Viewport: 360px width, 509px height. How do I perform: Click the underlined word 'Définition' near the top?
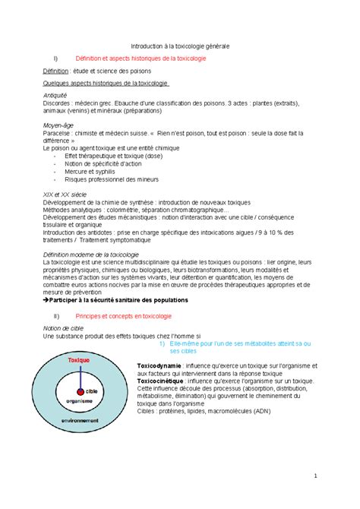click(58, 71)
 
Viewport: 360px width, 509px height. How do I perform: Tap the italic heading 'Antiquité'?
click(57, 94)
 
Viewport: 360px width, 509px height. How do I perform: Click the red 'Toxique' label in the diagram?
click(79, 358)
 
